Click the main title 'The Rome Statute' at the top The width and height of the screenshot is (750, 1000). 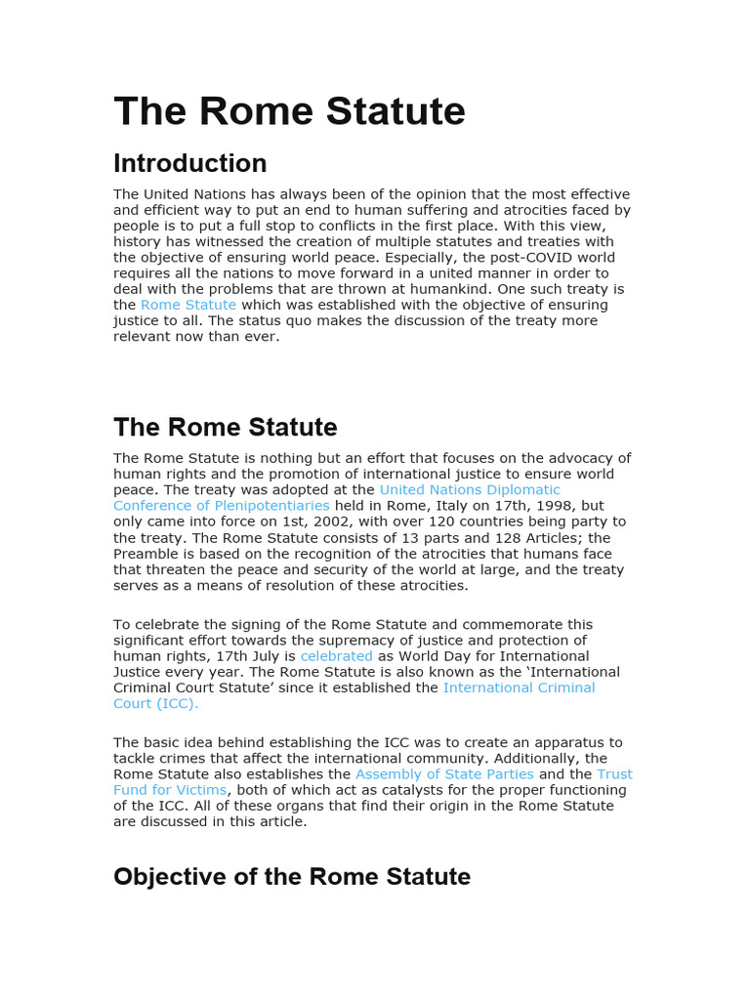point(289,111)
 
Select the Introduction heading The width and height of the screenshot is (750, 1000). point(189,163)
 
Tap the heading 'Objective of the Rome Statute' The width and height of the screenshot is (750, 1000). point(291,876)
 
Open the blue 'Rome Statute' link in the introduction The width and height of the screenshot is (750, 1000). point(188,305)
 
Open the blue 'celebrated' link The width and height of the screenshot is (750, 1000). point(336,656)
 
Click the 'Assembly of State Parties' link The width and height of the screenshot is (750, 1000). point(444,774)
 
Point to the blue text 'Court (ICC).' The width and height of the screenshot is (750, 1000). point(155,703)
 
